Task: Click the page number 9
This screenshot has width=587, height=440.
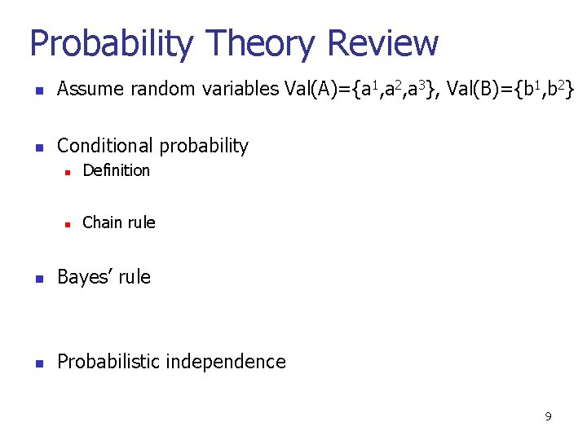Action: point(548,416)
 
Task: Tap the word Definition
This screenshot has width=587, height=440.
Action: point(117,170)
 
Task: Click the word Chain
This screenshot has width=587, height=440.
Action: point(102,222)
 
